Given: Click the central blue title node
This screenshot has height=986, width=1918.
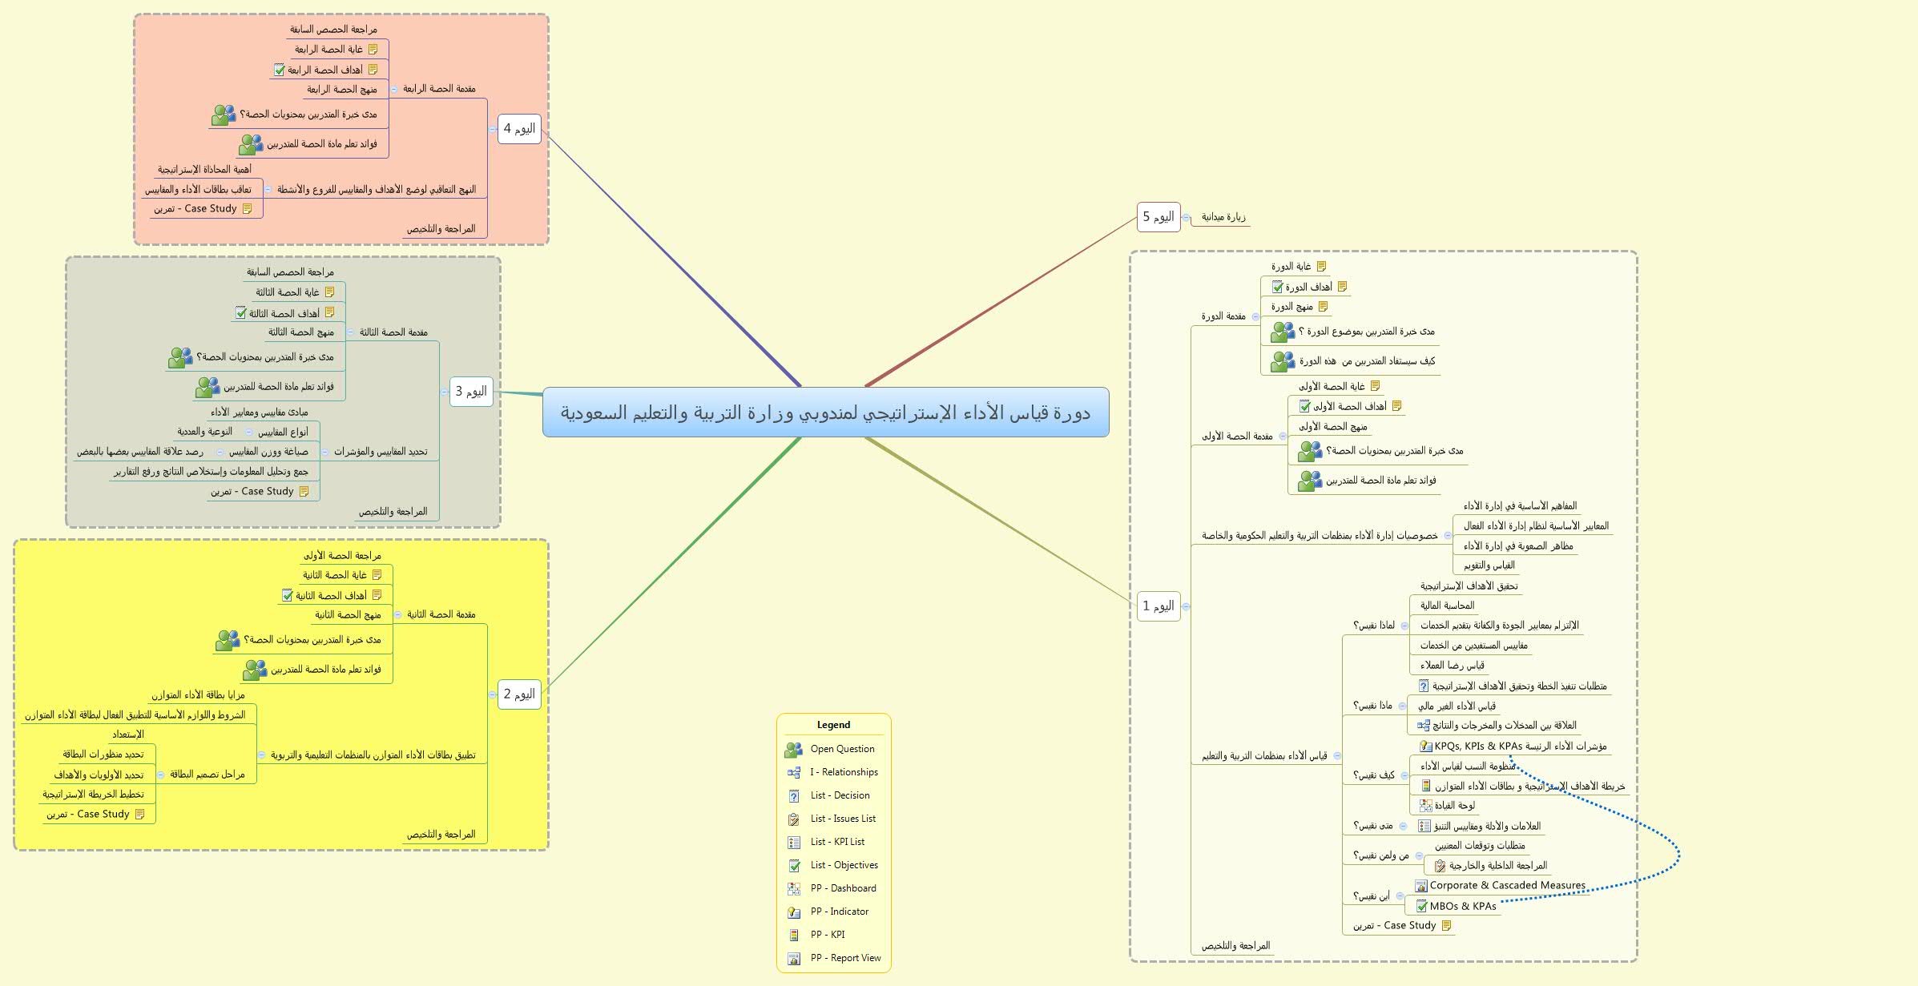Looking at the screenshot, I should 825,413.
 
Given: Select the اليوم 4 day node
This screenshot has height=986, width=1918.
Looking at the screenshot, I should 519,129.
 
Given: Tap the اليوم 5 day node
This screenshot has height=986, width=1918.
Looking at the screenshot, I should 1158,217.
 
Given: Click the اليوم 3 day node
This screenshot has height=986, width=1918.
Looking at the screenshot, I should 471,392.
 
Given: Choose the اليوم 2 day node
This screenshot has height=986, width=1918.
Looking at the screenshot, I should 519,694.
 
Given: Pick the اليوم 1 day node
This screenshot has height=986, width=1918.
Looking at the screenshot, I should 1158,606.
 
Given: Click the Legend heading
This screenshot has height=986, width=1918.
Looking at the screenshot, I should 833,725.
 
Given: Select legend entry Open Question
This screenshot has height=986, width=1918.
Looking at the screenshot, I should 842,749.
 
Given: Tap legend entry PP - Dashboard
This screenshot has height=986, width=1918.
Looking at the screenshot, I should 843,888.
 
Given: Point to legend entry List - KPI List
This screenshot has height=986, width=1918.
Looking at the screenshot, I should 837,842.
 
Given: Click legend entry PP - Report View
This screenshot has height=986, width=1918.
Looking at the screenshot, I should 845,958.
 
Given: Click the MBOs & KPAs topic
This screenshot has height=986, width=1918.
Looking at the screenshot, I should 1462,907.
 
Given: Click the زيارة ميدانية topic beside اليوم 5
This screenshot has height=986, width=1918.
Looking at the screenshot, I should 1223,217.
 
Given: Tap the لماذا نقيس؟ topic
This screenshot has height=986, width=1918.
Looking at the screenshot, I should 1374,626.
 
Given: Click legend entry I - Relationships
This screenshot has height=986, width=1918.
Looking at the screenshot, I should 844,772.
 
